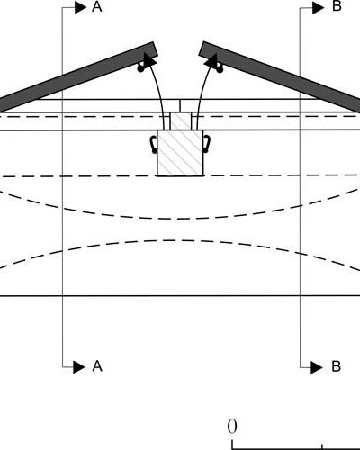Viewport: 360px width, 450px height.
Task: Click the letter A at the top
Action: [x=97, y=6]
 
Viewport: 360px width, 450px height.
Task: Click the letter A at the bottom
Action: [x=97, y=366]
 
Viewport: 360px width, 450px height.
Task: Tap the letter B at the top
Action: [x=337, y=6]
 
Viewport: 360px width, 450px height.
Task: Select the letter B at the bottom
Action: [x=337, y=366]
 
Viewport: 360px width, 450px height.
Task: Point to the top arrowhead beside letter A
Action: [x=80, y=7]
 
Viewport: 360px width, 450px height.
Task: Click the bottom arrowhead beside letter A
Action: [x=79, y=366]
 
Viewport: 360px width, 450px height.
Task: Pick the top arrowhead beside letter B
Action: [x=319, y=7]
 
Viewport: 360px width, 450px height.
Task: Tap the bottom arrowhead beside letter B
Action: [x=317, y=367]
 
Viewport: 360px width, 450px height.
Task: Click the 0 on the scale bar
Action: [x=232, y=427]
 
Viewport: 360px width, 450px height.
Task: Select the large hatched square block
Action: [x=180, y=153]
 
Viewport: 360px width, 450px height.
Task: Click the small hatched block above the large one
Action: [x=181, y=121]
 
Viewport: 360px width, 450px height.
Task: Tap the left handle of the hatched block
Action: [x=154, y=144]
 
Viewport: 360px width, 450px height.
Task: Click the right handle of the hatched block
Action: [x=207, y=144]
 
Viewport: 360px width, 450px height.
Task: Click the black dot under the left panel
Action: [x=140, y=68]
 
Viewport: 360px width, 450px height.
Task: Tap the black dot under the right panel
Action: [x=220, y=69]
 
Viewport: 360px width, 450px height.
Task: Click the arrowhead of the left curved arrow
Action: [x=149, y=60]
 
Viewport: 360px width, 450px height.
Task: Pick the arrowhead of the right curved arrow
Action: [x=211, y=60]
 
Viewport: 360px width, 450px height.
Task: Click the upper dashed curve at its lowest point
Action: [x=177, y=219]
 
